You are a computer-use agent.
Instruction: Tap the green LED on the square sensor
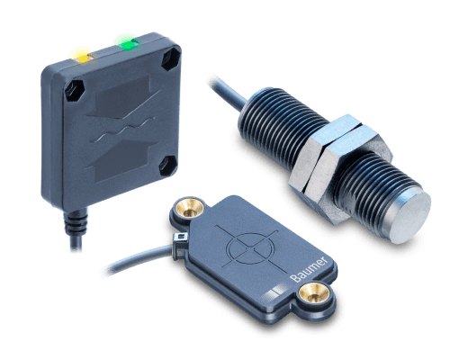pos(125,40)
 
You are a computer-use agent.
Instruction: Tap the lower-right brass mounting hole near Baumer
pos(314,292)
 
